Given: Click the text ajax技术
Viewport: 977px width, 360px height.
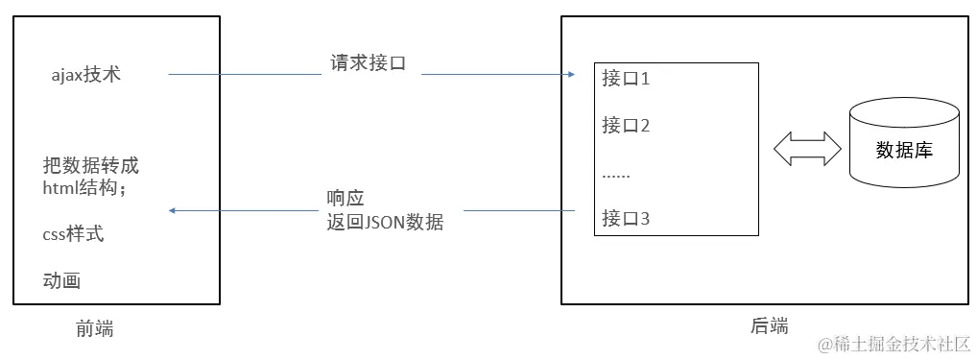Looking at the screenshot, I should click(86, 74).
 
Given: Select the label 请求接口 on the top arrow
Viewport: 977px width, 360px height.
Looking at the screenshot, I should click(366, 63).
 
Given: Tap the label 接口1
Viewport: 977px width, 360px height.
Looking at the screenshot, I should click(626, 79).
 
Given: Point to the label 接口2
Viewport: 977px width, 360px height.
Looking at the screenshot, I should click(626, 125).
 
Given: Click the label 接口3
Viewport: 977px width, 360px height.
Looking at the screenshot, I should click(626, 218).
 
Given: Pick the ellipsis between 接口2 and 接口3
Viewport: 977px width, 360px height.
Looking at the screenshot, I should click(615, 176).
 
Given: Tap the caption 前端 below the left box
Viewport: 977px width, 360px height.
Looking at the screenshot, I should click(94, 328).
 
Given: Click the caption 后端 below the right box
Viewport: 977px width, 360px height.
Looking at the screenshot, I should click(769, 325).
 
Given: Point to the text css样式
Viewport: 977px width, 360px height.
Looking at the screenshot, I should click(74, 234).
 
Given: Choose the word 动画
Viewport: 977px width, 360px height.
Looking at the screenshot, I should click(61, 281).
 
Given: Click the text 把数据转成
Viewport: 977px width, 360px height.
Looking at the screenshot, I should click(92, 164).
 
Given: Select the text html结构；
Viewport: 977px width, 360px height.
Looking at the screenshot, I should click(84, 187).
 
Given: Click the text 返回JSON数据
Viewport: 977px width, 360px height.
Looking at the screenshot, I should click(385, 223).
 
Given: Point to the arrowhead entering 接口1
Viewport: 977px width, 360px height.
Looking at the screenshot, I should click(570, 75).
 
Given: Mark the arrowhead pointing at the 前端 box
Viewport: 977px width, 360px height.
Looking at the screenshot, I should click(173, 211).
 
